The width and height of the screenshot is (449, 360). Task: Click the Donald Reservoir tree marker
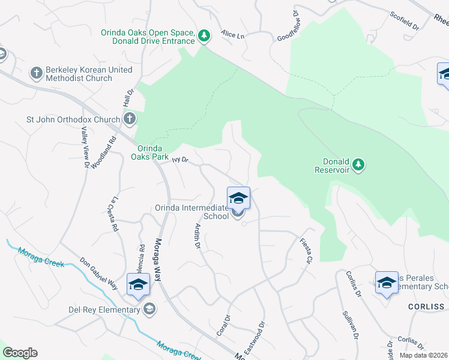358,164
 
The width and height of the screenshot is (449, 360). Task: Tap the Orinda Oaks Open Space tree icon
205,36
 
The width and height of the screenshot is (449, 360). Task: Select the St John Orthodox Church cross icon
130,119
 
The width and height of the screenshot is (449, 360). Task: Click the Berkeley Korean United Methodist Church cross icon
36,73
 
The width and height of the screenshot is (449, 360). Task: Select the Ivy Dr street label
180,160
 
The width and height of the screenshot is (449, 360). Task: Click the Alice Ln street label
233,35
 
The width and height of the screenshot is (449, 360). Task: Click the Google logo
20,353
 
